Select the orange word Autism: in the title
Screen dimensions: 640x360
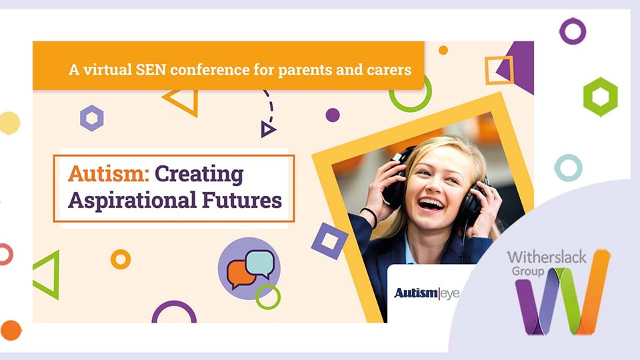click(109, 173)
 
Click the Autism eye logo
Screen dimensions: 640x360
click(427, 293)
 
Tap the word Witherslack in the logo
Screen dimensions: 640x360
click(547, 257)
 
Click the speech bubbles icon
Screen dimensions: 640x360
click(250, 268)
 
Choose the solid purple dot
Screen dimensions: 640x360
click(333, 115)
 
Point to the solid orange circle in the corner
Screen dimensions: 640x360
click(11, 330)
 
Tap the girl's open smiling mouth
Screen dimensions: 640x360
click(431, 203)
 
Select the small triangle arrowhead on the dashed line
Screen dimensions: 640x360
click(267, 129)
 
